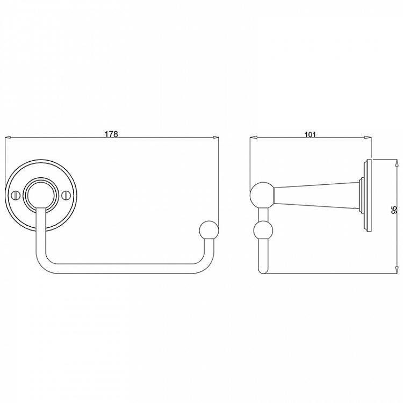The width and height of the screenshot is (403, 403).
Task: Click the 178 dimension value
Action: click(x=111, y=133)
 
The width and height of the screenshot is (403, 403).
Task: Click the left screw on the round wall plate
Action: click(x=16, y=193)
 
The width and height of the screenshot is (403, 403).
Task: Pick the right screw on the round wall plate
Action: click(x=67, y=193)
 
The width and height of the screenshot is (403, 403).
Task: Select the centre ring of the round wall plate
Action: click(x=41, y=193)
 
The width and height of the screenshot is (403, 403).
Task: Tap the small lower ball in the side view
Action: click(x=263, y=232)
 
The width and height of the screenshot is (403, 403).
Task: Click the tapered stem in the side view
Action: click(x=317, y=194)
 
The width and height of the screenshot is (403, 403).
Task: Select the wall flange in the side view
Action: click(x=367, y=194)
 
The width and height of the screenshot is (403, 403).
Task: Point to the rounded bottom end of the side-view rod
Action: click(x=263, y=270)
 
